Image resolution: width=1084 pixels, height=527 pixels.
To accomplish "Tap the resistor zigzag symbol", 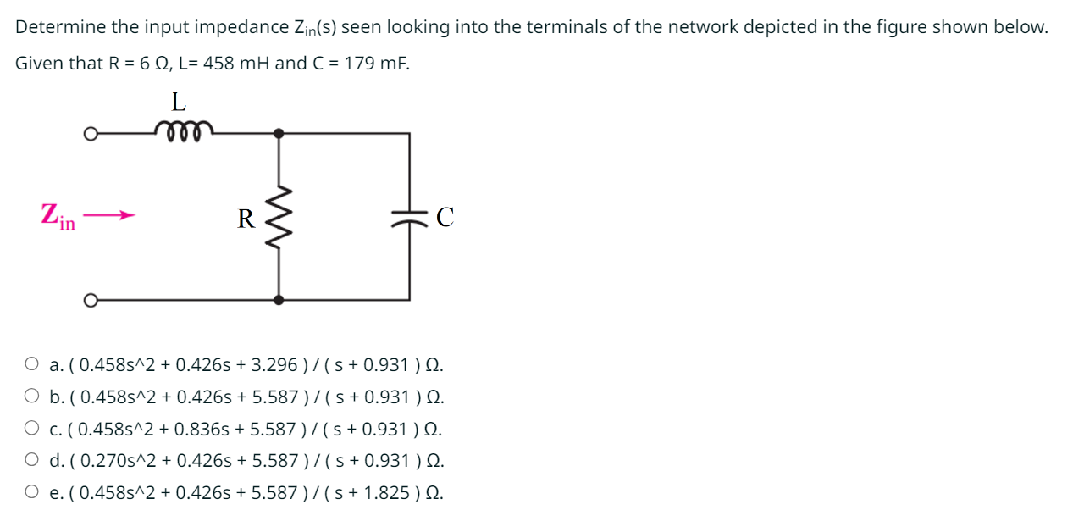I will click(x=279, y=217).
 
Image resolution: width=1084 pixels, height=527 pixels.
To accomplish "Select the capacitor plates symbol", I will click(x=410, y=218).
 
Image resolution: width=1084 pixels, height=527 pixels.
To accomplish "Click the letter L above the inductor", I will click(x=178, y=102).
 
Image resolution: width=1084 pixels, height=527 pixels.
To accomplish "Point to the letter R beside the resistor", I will click(x=246, y=219).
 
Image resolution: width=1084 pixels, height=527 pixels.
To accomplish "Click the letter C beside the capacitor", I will click(x=445, y=218).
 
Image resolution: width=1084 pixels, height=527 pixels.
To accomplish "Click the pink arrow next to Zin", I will click(x=109, y=215).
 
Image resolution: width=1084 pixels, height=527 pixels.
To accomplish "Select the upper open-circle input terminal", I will click(x=88, y=133).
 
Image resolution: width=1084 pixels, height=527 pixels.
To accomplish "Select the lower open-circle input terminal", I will click(x=88, y=299).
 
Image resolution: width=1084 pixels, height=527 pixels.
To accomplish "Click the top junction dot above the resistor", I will click(x=279, y=133).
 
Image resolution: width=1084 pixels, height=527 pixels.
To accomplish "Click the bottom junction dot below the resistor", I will click(x=279, y=299).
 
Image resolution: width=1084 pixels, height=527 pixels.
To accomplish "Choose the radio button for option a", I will click(x=31, y=364).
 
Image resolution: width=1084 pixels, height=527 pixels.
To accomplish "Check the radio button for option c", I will click(x=31, y=428).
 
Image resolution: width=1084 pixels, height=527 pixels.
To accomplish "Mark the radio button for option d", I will click(x=31, y=460).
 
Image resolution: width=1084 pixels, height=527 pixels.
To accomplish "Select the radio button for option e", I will click(x=31, y=491).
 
